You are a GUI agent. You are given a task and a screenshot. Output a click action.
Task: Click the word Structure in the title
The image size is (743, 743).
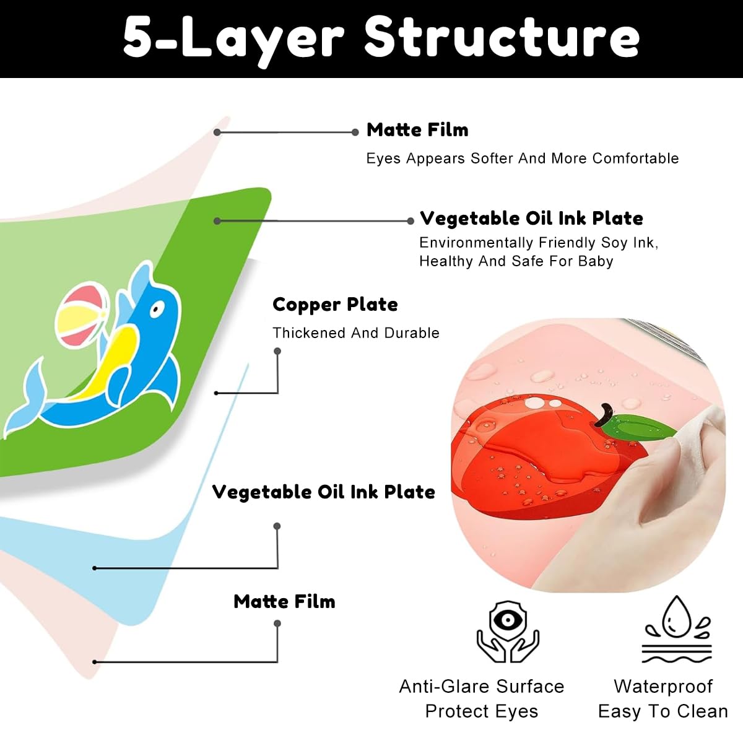(502, 37)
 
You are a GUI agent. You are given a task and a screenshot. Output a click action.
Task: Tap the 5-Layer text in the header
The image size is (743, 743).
(233, 40)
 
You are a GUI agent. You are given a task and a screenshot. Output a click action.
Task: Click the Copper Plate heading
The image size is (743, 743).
(335, 305)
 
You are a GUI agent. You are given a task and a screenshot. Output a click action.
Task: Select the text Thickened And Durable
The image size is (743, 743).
(356, 332)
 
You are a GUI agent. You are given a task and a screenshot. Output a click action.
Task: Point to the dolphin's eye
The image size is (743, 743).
(157, 309)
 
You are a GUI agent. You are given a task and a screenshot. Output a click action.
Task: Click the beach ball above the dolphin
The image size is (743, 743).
(81, 315)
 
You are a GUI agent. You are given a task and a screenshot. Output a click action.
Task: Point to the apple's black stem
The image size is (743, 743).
(604, 414)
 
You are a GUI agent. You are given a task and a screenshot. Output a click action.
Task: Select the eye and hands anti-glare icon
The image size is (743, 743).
(508, 632)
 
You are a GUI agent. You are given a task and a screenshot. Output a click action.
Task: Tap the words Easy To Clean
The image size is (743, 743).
(663, 711)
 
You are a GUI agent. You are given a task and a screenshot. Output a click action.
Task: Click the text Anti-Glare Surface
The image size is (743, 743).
(482, 686)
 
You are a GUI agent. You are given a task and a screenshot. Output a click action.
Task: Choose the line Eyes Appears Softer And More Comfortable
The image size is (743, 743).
(523, 159)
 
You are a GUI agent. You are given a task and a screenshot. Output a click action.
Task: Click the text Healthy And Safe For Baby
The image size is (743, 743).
(516, 261)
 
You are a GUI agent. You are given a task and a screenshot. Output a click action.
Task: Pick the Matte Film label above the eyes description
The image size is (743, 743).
(417, 130)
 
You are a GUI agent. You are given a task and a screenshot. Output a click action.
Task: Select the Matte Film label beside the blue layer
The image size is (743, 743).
(285, 601)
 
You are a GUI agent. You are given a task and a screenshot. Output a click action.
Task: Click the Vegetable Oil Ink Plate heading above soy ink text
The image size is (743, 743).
(531, 218)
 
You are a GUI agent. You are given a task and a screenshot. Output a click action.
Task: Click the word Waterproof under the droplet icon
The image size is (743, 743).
(663, 687)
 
